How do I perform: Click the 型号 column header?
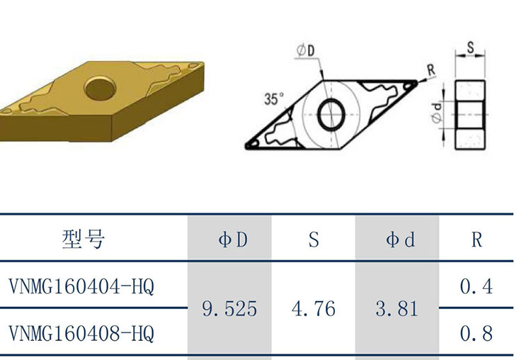pos(84,240)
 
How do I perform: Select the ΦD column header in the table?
pos(233,240)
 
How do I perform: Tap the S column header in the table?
pos(314,240)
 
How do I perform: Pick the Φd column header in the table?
pos(400,240)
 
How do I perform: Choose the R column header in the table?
pos(476,240)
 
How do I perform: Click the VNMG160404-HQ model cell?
pos(81,287)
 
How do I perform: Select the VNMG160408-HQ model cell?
pos(81,334)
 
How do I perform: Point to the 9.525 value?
pos(229,309)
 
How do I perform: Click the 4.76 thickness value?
pos(313,309)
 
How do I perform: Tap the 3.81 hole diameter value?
pos(396,309)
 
